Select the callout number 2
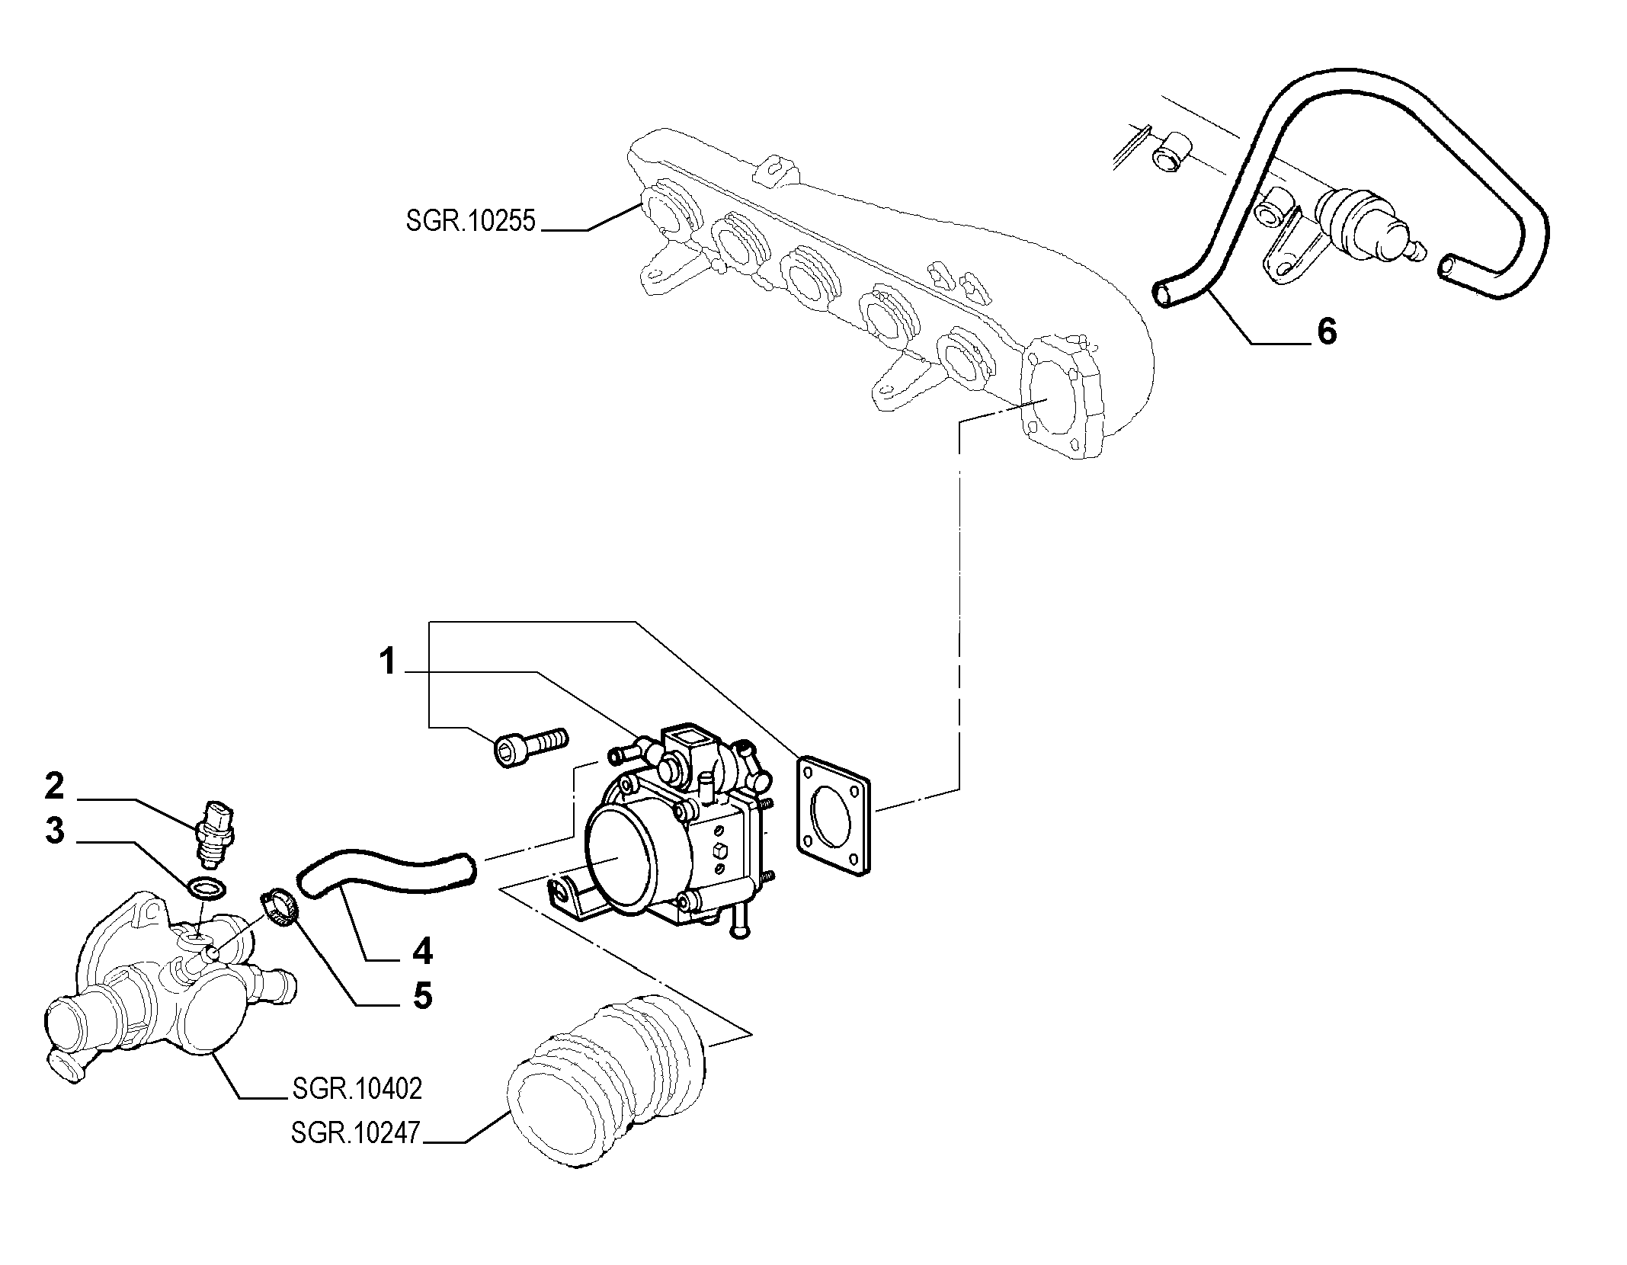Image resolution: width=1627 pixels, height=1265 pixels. coord(54,786)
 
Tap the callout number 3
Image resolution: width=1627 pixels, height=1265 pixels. coord(54,831)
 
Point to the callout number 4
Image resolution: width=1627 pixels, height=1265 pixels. coord(422,951)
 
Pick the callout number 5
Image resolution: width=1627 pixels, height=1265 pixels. coord(422,995)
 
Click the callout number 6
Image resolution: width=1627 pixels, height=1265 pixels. coord(1327,331)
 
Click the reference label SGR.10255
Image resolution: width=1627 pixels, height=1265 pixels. coord(471,222)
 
